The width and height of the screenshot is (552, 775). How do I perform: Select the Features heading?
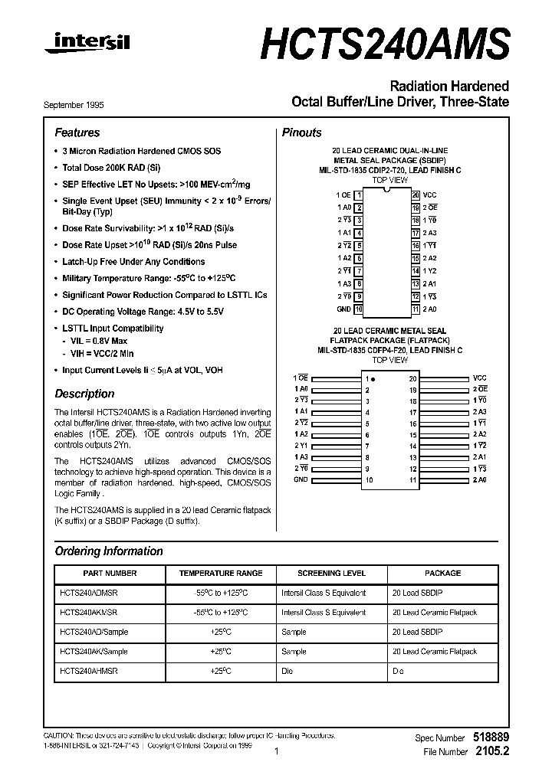[77, 132]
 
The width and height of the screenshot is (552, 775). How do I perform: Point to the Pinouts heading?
[302, 132]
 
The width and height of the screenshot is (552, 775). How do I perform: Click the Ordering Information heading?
[109, 551]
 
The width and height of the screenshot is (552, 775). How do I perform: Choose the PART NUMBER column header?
[110, 573]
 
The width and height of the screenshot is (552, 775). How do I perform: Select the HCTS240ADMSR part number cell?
[89, 593]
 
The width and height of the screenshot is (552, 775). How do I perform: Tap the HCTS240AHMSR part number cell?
[89, 671]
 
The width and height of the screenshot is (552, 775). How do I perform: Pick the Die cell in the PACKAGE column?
[398, 671]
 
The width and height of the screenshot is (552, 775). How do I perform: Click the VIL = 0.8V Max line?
[100, 340]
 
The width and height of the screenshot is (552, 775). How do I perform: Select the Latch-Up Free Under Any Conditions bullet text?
[133, 262]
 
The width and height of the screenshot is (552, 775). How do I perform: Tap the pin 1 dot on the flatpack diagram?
[375, 379]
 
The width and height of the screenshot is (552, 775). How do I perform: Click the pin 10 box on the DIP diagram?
[358, 309]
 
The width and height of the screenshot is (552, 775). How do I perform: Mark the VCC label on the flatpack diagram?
[480, 378]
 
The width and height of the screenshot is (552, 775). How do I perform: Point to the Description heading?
[84, 394]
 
